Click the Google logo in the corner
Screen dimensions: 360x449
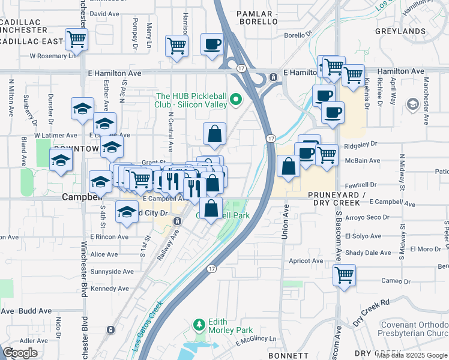coord(20,353)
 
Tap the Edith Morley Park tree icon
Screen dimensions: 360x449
coord(199,325)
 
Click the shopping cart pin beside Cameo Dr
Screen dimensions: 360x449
coord(345,275)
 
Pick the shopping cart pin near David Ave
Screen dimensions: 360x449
coord(76,40)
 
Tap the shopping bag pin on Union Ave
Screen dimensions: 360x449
coord(289,166)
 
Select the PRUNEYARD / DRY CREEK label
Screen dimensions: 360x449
coord(336,199)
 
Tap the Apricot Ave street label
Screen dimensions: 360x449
coord(306,261)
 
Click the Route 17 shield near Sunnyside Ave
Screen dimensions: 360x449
coord(211,269)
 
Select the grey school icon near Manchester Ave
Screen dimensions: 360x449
coord(412,105)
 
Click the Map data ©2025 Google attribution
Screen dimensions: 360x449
coord(412,355)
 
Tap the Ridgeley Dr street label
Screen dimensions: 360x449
coord(361,145)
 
